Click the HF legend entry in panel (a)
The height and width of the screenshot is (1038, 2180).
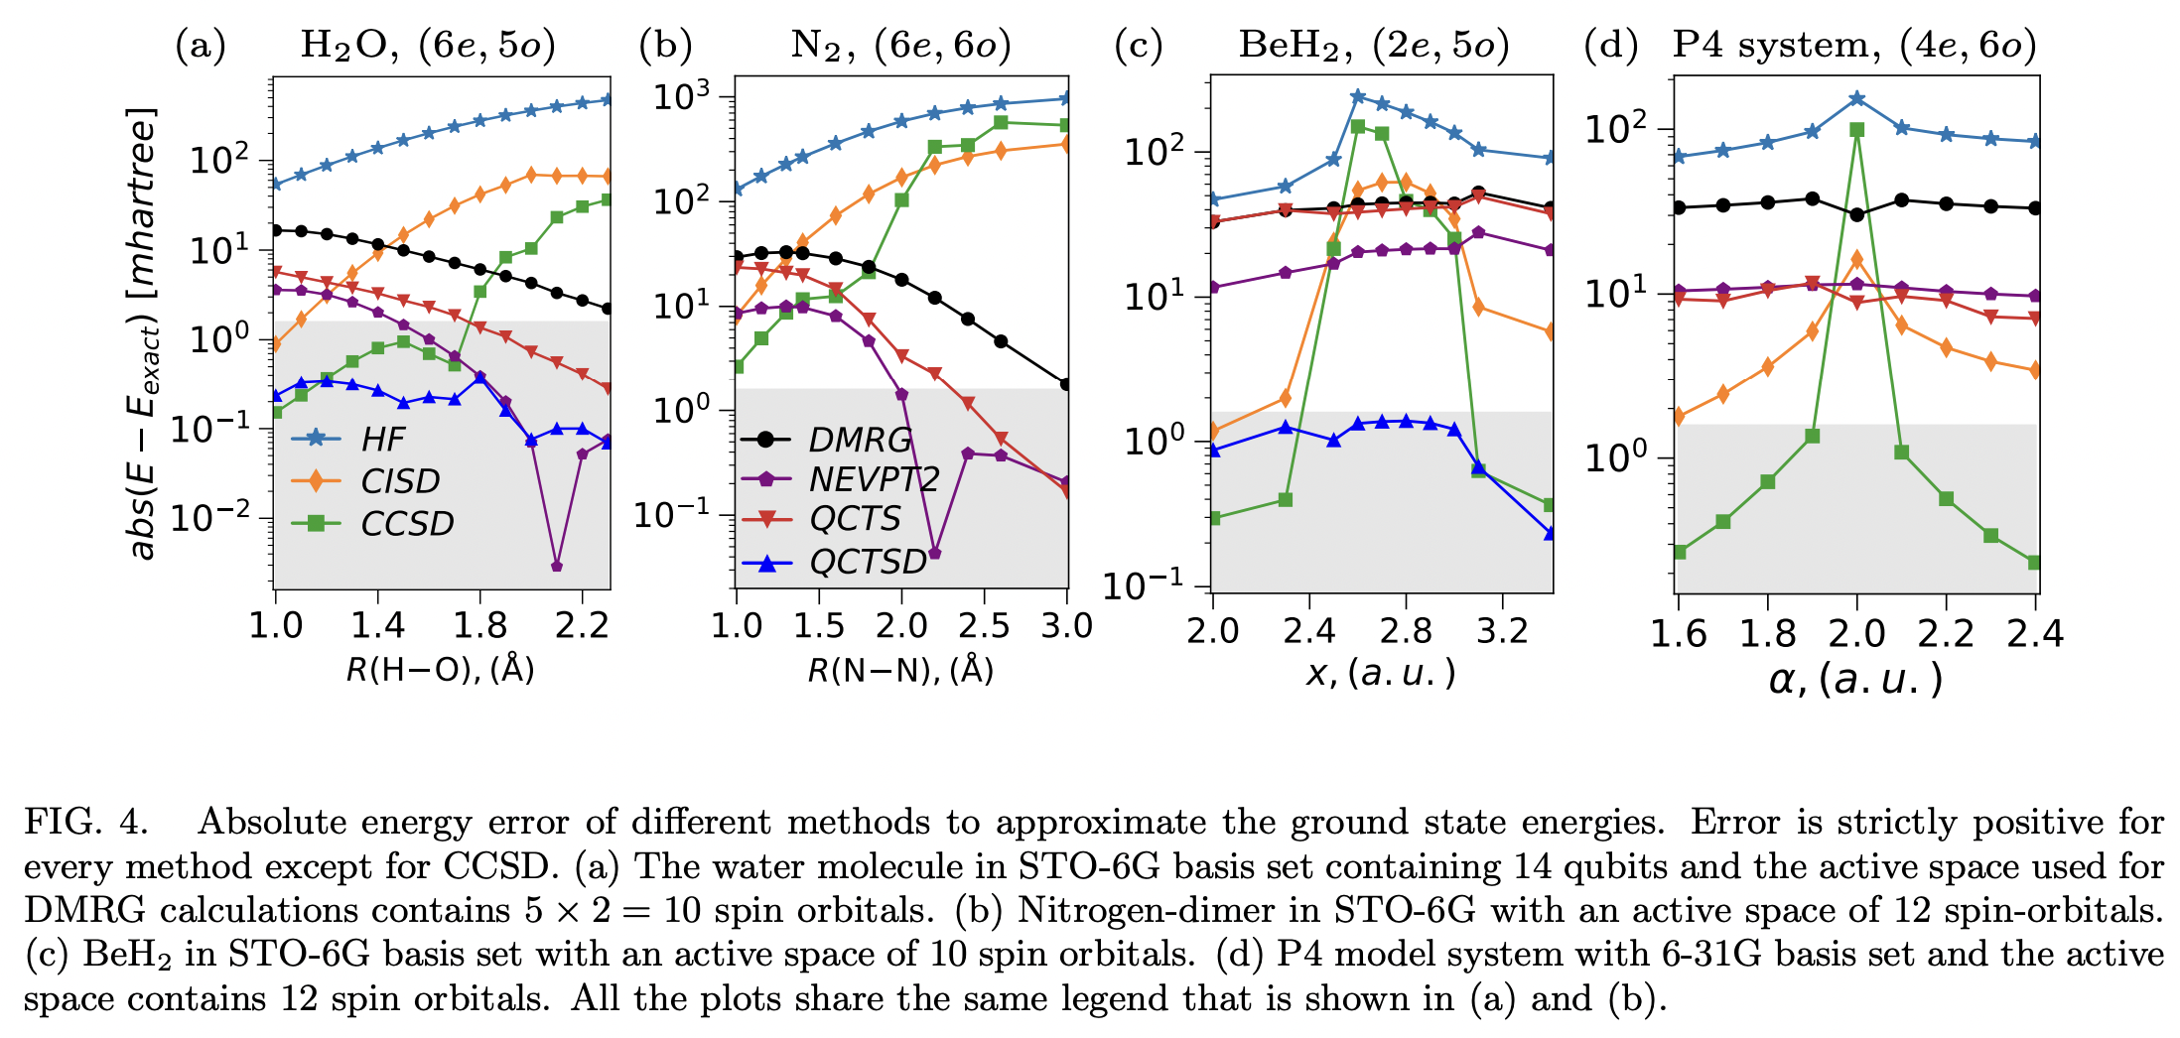pyautogui.click(x=382, y=439)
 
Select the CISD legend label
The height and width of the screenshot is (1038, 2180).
pyautogui.click(x=400, y=481)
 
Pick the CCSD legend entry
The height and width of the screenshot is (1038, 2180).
pyautogui.click(x=407, y=523)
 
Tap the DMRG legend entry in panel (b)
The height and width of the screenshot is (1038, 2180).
pyautogui.click(x=860, y=440)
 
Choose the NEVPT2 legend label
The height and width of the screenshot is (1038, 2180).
pyautogui.click(x=873, y=479)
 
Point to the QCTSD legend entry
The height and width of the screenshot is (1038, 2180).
pyautogui.click(x=868, y=562)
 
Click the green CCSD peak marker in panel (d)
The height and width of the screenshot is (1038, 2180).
pyautogui.click(x=1856, y=130)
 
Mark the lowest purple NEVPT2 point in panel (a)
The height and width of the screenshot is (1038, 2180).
pyautogui.click(x=557, y=566)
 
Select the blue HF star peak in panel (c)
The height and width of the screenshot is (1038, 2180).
pyautogui.click(x=1358, y=96)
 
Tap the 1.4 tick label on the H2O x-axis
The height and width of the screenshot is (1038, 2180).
pyautogui.click(x=378, y=626)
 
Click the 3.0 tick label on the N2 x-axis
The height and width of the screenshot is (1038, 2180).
pyautogui.click(x=1067, y=626)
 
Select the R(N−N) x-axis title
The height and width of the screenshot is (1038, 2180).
pyautogui.click(x=899, y=671)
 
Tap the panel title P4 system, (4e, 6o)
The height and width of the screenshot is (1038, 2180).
pyautogui.click(x=1853, y=46)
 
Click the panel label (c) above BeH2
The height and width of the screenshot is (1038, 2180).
pyautogui.click(x=1139, y=46)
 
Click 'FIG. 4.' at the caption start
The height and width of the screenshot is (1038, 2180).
pyautogui.click(x=86, y=822)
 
